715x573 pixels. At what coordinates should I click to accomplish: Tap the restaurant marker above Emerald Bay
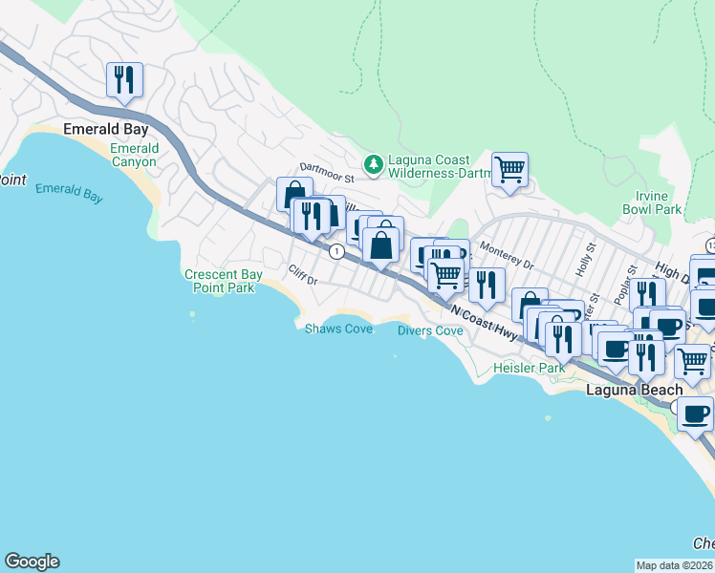tap(124, 80)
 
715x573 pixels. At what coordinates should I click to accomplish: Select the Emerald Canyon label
tap(135, 155)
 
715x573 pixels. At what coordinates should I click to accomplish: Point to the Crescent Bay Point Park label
tap(220, 281)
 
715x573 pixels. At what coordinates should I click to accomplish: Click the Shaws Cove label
tap(338, 329)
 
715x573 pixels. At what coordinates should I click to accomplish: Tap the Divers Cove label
tap(430, 330)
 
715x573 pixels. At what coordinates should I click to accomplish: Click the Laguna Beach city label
tap(635, 390)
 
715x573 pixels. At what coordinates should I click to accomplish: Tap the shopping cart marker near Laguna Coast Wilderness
tap(509, 170)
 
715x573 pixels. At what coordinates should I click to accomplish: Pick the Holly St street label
tap(585, 259)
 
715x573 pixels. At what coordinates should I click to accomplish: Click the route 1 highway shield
tap(336, 251)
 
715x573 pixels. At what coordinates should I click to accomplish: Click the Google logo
tap(32, 562)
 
